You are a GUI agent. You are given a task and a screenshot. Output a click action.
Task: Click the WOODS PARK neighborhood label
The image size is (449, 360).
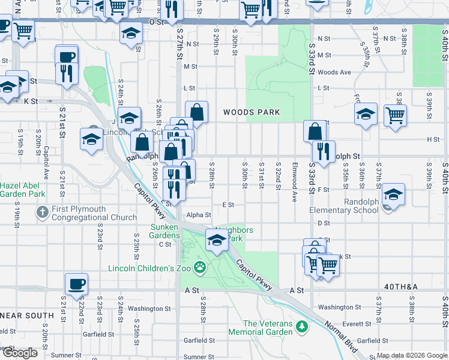click(252, 112)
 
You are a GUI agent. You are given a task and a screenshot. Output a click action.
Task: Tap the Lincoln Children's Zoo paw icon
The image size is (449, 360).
click(200, 268)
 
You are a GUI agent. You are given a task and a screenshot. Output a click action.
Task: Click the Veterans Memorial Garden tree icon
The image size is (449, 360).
click(303, 327)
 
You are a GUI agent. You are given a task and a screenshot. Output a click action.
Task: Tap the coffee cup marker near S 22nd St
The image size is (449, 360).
click(76, 284)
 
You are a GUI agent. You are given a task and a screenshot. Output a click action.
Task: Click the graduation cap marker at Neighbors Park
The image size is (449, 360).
click(217, 241)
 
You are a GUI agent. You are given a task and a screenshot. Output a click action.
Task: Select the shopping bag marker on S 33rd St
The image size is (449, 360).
click(315, 131)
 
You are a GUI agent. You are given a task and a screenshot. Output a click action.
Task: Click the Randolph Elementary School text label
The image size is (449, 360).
click(345, 206)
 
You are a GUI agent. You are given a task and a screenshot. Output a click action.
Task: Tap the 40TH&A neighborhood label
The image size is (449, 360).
click(401, 287)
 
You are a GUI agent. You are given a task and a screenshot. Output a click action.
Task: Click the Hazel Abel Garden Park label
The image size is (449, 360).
click(23, 190)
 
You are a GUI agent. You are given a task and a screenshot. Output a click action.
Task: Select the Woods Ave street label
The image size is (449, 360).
click(334, 73)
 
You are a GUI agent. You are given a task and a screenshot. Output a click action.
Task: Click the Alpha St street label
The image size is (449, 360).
click(199, 215)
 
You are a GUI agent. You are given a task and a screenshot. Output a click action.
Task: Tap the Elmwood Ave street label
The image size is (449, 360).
click(295, 175)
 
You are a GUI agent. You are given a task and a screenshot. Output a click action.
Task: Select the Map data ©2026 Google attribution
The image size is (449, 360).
click(412, 356)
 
